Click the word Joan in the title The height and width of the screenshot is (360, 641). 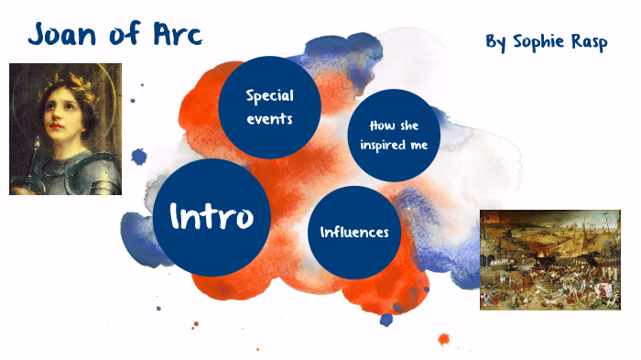tap(65, 35)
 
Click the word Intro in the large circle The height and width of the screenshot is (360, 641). tap(212, 216)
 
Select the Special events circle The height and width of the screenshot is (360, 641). tap(269, 107)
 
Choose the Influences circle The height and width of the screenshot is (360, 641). tap(354, 232)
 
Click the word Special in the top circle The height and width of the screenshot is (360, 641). tap(269, 96)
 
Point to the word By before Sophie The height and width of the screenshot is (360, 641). tap(495, 43)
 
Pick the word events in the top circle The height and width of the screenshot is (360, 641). tap(269, 118)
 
